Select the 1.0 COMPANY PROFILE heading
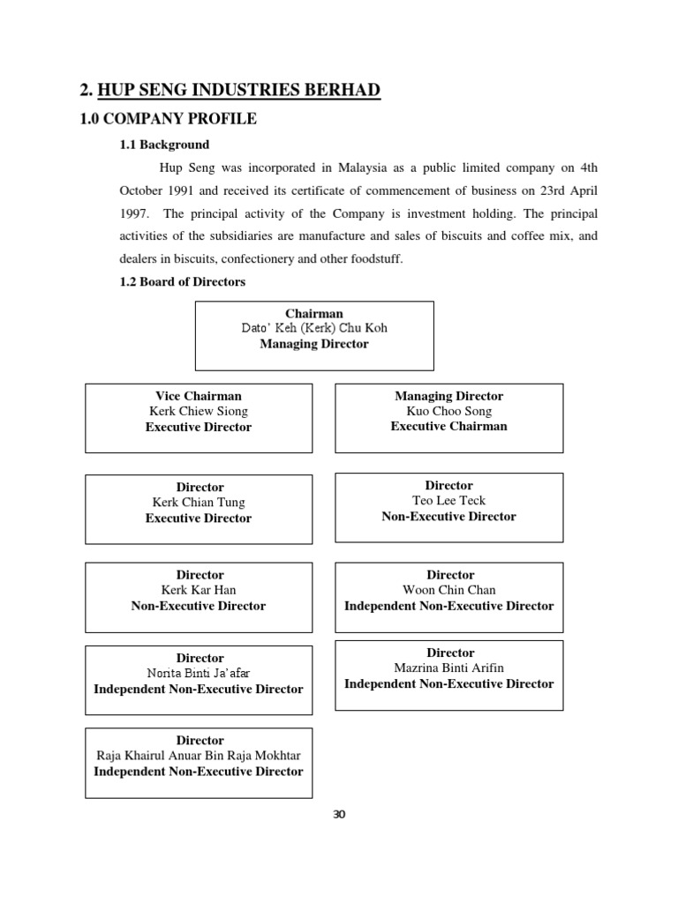(x=169, y=119)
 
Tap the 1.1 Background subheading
(x=165, y=145)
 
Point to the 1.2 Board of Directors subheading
(x=183, y=282)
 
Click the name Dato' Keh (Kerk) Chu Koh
(x=314, y=328)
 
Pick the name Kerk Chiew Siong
(x=199, y=411)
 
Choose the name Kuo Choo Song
(x=449, y=411)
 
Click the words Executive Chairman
(x=449, y=427)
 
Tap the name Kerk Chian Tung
(x=199, y=503)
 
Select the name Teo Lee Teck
(x=449, y=501)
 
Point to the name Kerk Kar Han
(x=199, y=590)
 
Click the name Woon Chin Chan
(x=449, y=590)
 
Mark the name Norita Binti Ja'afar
(x=199, y=674)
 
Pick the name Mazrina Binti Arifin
(x=449, y=668)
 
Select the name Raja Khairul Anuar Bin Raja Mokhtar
(x=199, y=756)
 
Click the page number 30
(x=340, y=814)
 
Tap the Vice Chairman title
(x=199, y=396)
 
